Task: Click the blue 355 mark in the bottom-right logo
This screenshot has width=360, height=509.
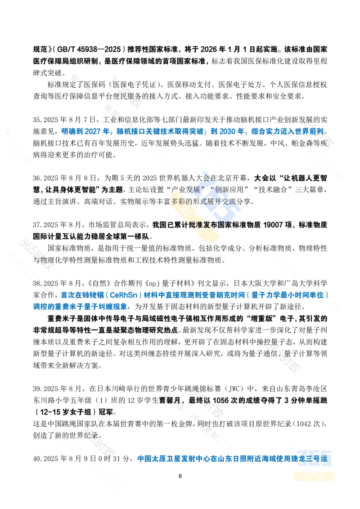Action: pos(315,458)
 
